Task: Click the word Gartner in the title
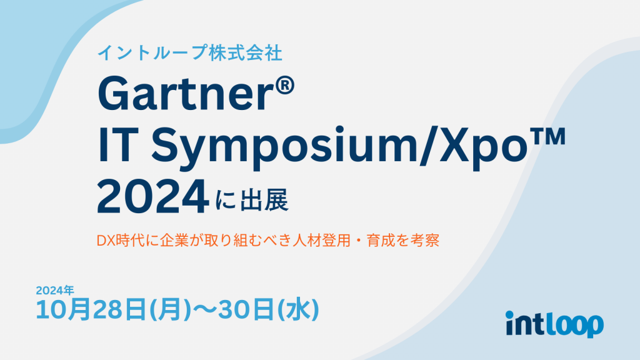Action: (x=185, y=96)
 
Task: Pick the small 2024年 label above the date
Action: (x=55, y=290)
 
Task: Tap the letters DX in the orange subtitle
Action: (x=104, y=241)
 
